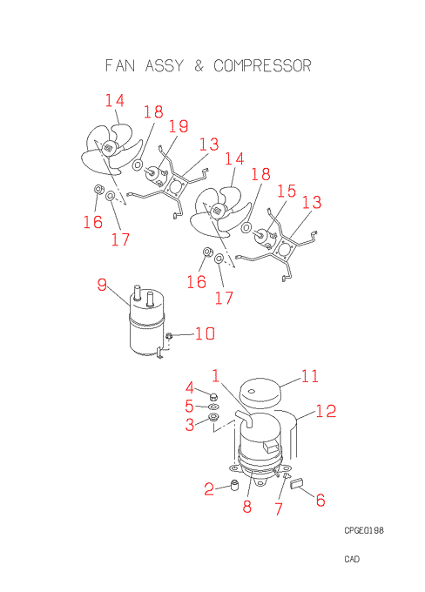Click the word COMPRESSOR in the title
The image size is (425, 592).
click(262, 65)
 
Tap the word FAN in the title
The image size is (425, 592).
click(120, 65)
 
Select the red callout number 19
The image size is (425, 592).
click(179, 126)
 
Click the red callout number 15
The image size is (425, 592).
click(287, 191)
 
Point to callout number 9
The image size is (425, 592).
click(102, 285)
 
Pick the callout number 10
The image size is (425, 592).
click(206, 333)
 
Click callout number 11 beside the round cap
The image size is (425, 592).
click(310, 376)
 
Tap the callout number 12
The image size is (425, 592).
click(326, 411)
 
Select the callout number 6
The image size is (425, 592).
click(320, 500)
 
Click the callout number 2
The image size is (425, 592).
click(209, 489)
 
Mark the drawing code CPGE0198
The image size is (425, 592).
click(364, 530)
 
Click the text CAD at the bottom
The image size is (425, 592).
click(352, 559)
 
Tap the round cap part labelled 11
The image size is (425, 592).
click(261, 393)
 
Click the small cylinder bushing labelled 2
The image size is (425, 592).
click(235, 485)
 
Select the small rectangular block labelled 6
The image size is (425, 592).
click(297, 483)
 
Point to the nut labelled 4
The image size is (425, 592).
click(213, 396)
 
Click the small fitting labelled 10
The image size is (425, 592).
click(169, 335)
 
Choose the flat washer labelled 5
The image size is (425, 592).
click(213, 407)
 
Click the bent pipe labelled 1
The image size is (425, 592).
click(245, 419)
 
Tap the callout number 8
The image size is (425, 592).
click(247, 507)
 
